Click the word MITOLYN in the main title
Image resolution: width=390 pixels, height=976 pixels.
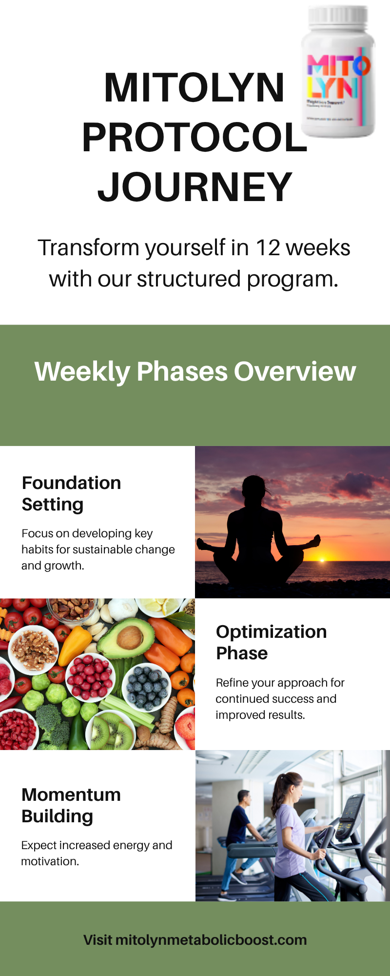(x=194, y=88)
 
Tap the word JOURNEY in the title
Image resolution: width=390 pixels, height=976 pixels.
(x=195, y=187)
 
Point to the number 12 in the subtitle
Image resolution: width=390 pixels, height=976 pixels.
(x=268, y=248)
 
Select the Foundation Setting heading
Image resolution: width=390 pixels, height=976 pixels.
(x=71, y=493)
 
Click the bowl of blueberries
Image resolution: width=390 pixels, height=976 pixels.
(x=146, y=686)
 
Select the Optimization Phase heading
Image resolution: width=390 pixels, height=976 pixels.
(x=271, y=642)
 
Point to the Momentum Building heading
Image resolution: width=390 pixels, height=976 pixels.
(x=71, y=805)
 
